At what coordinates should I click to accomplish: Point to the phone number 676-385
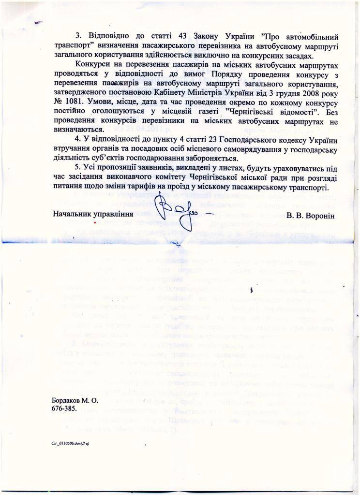coord(64,409)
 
